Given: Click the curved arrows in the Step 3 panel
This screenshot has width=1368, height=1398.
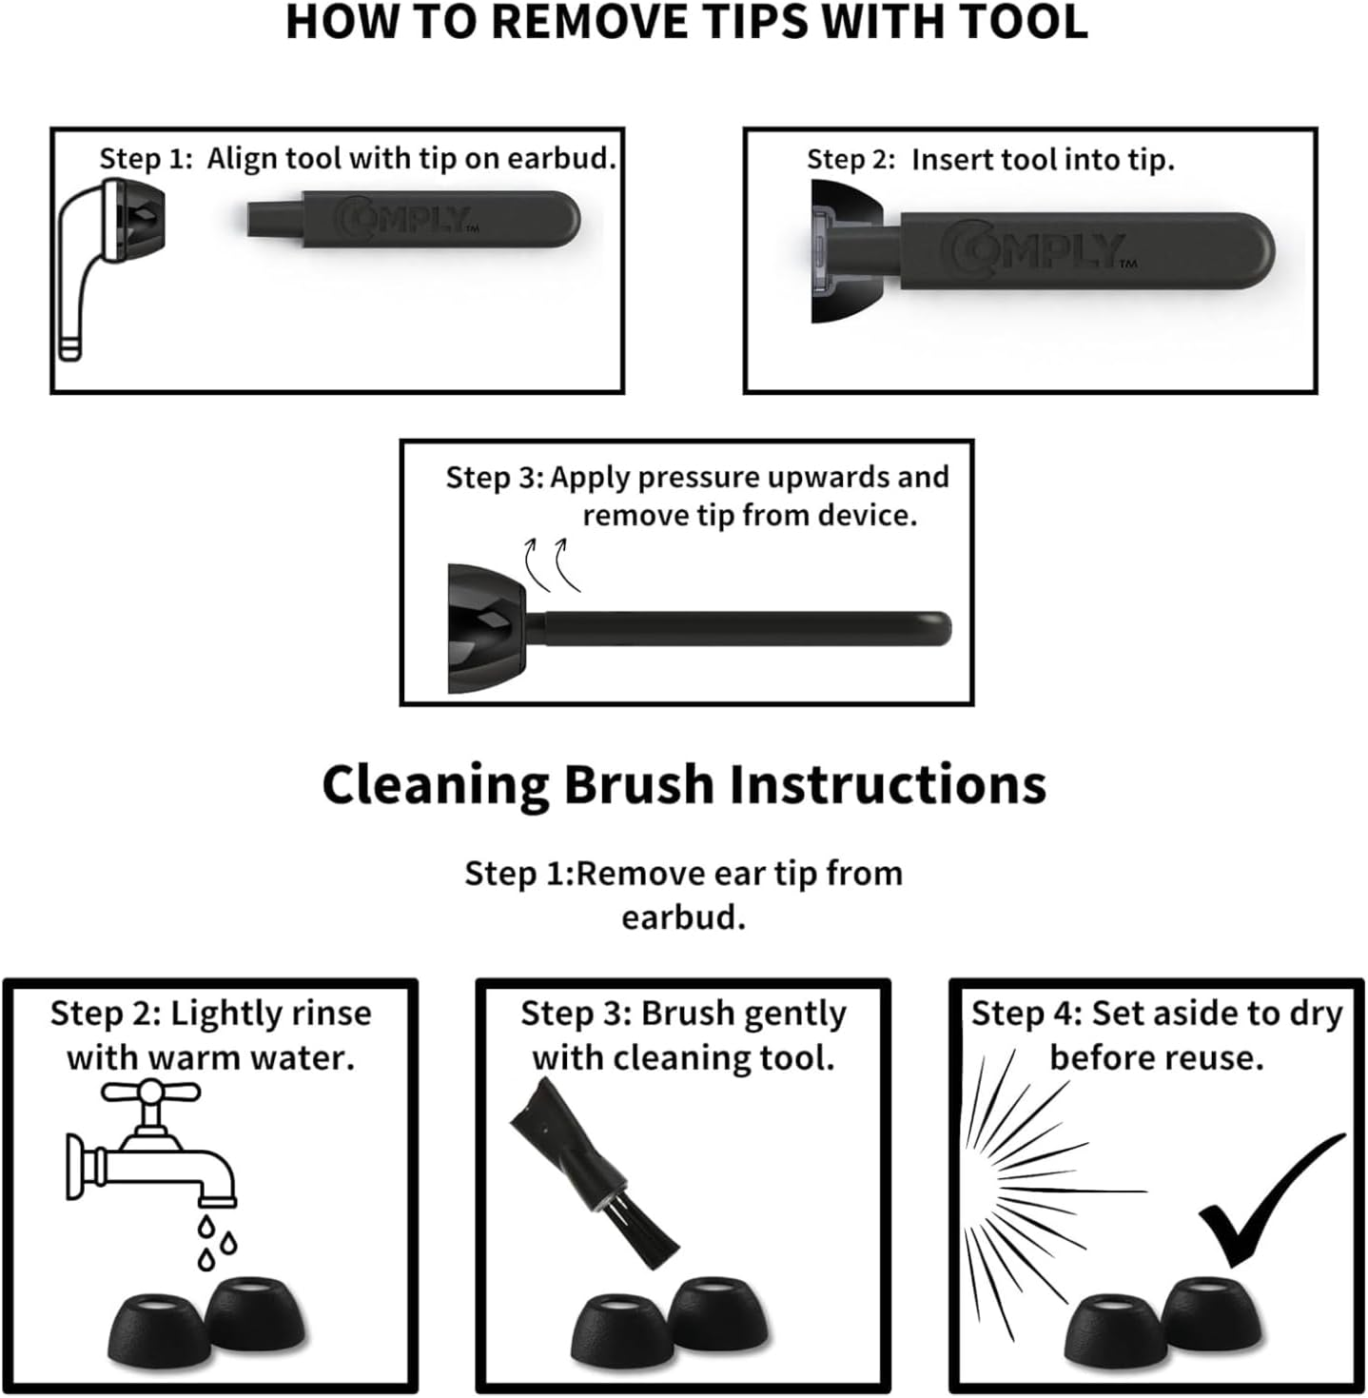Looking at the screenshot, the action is pyautogui.click(x=552, y=565).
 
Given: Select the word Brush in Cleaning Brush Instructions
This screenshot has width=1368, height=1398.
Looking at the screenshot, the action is pyautogui.click(x=639, y=785).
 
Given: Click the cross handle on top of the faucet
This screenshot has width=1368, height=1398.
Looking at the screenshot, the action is pyautogui.click(x=151, y=1092).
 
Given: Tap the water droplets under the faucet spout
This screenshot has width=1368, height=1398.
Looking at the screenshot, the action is pyautogui.click(x=216, y=1243).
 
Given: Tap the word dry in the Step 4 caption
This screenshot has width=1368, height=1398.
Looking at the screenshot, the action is pyautogui.click(x=1317, y=1014).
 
